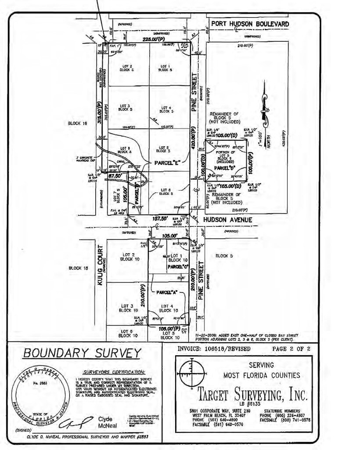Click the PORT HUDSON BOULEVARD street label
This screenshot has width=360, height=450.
pyautogui.click(x=249, y=23)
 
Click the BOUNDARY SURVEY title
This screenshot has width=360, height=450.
pyautogui.click(x=82, y=353)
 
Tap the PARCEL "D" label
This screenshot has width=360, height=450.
pyautogui.click(x=223, y=167)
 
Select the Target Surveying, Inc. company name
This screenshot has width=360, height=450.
pyautogui.click(x=252, y=394)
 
